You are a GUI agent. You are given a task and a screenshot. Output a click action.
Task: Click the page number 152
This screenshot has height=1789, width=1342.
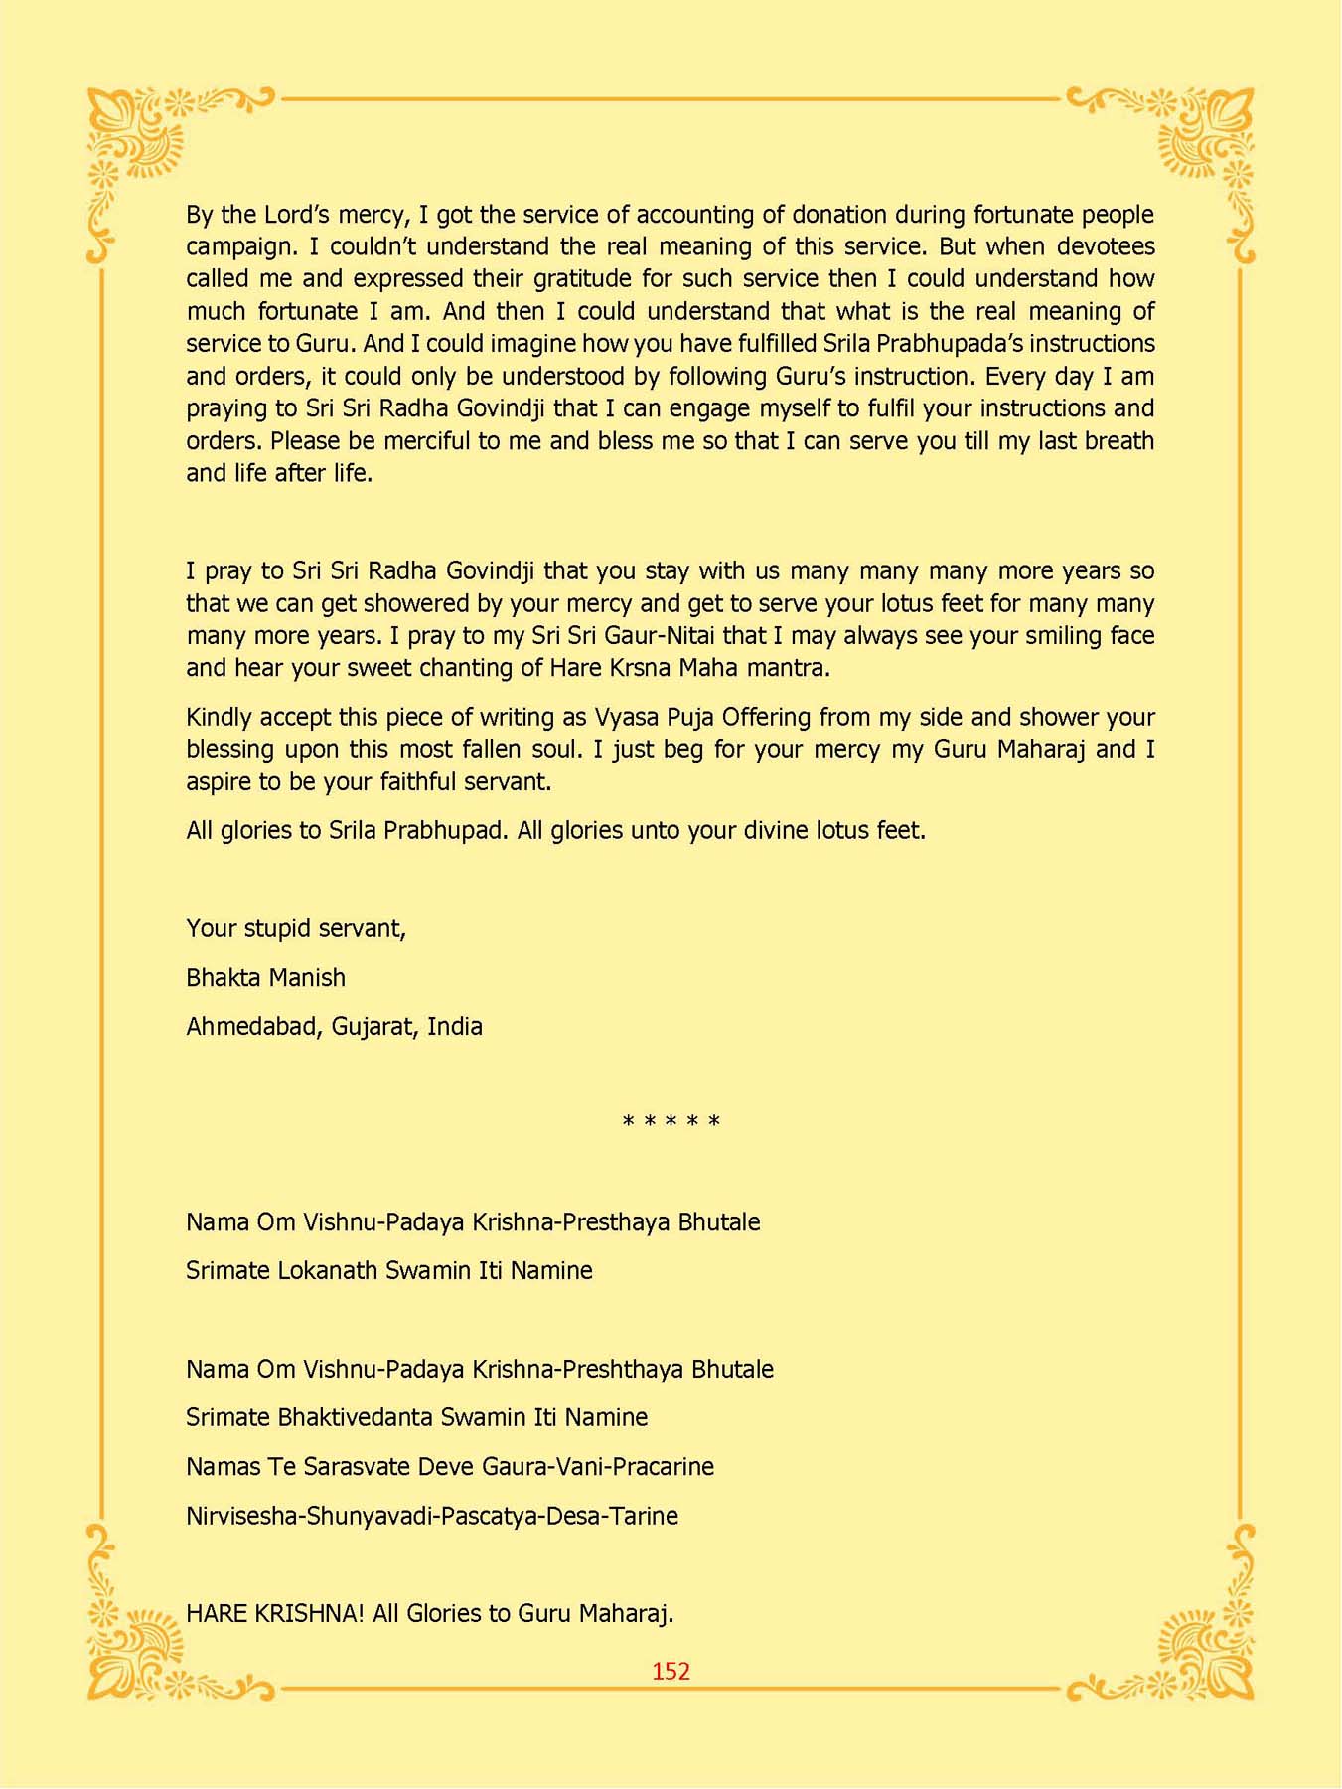click(671, 1671)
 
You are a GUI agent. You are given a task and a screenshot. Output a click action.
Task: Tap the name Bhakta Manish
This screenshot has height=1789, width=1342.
click(265, 977)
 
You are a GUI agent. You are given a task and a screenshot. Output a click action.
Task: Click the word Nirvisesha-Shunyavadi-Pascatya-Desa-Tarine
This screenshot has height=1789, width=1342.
click(432, 1516)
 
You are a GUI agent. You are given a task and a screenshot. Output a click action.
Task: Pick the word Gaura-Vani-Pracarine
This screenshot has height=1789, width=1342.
click(615, 1467)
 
